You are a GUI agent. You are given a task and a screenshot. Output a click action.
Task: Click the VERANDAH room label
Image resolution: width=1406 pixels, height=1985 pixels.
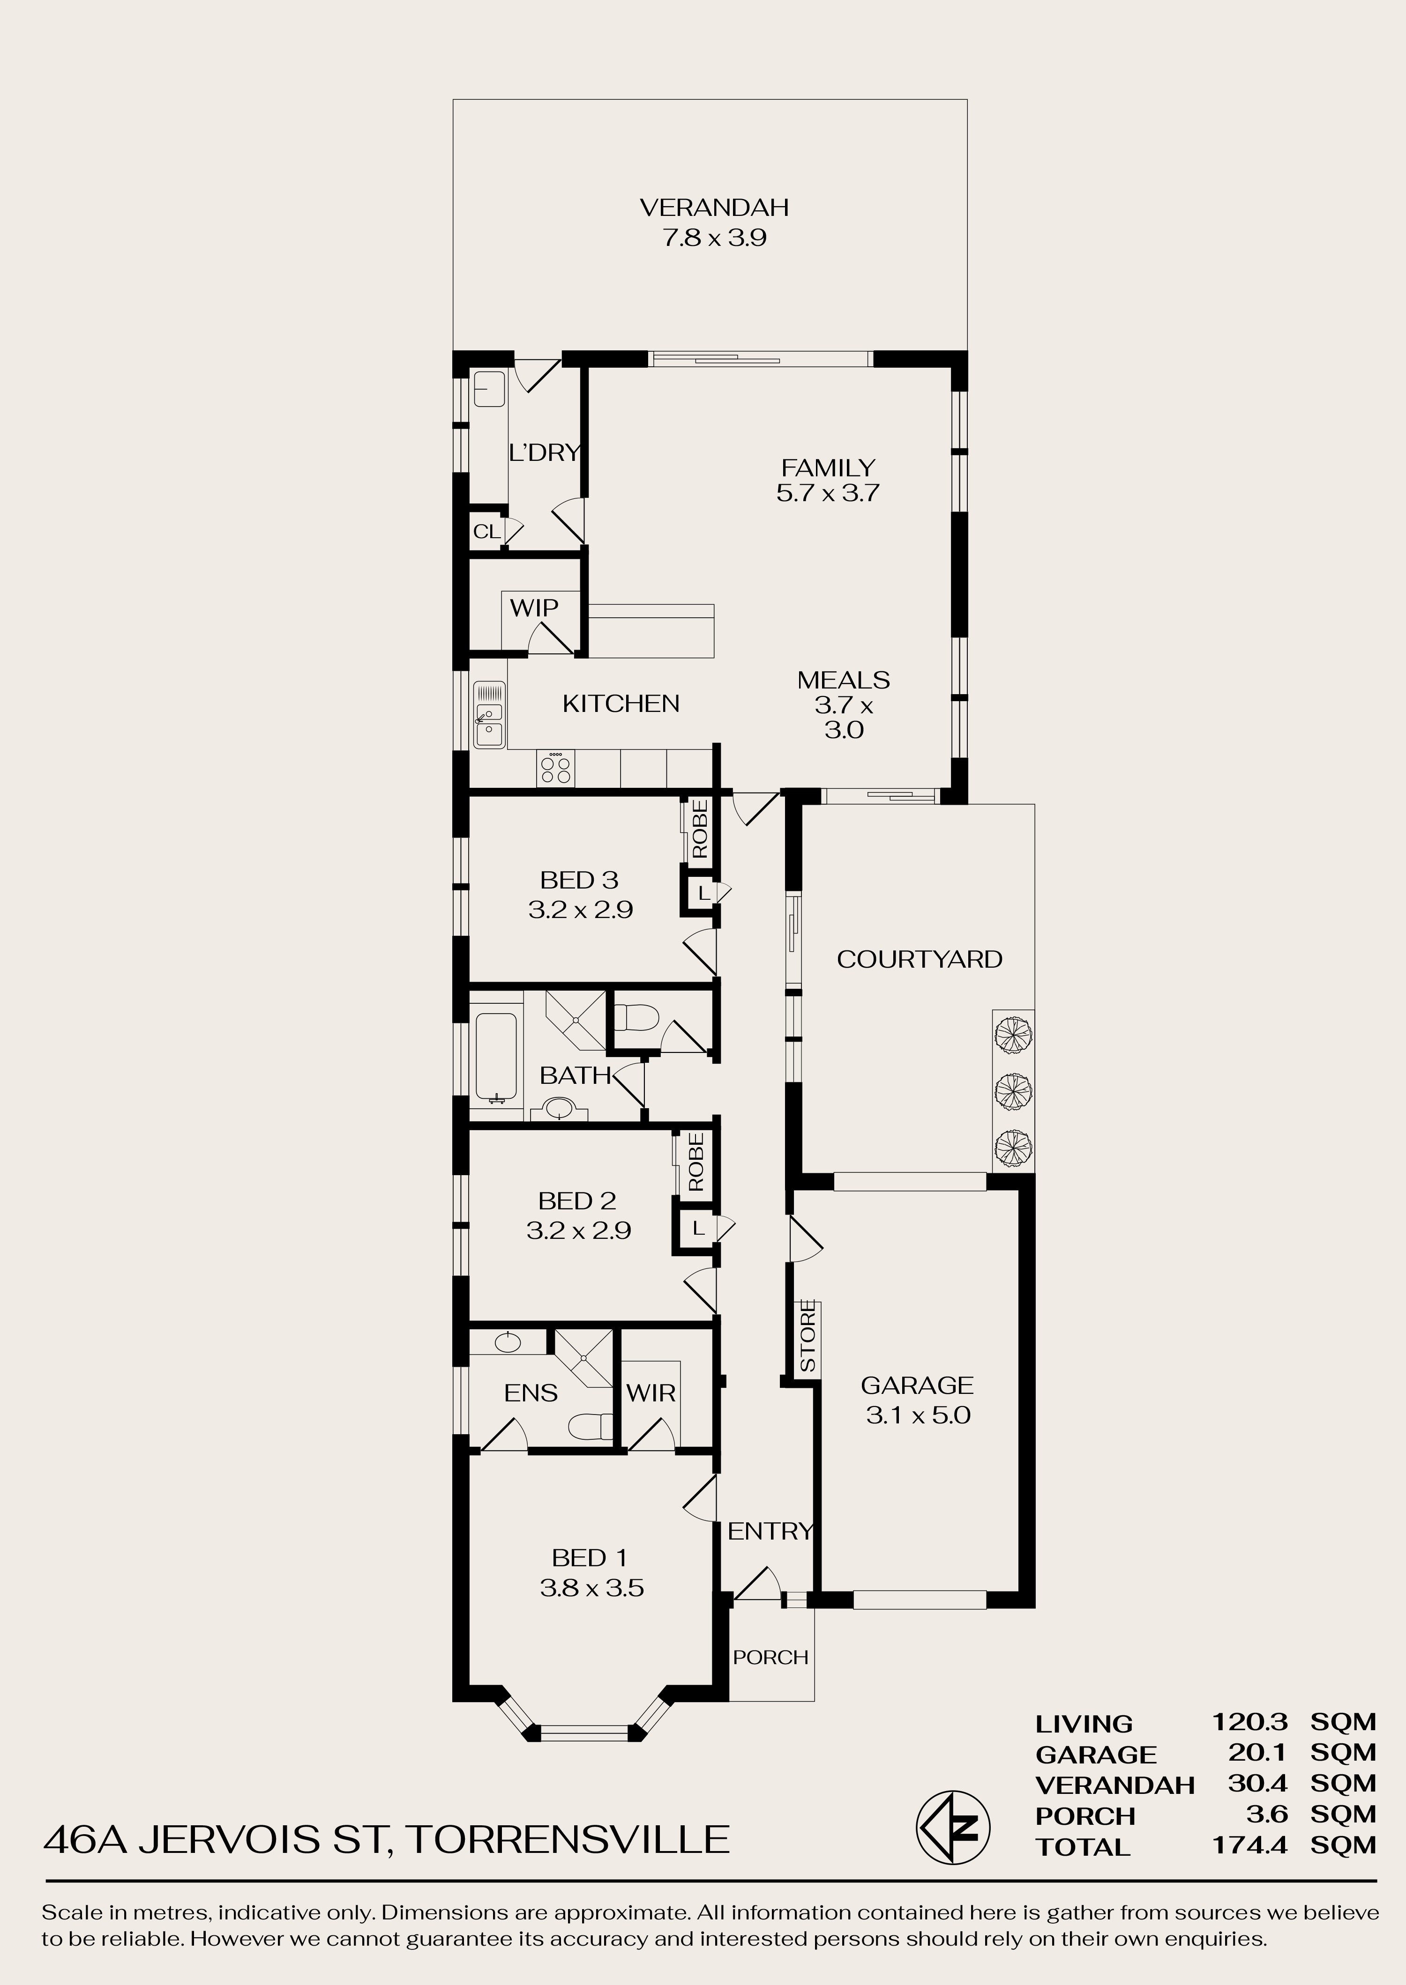pyautogui.click(x=714, y=207)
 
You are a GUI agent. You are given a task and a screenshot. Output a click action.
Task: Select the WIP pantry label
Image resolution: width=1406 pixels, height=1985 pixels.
pyautogui.click(x=534, y=607)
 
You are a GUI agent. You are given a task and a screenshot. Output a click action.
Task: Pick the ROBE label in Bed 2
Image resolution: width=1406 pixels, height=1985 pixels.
pyautogui.click(x=696, y=1162)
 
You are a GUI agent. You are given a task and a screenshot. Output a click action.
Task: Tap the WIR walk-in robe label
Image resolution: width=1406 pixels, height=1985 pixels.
pyautogui.click(x=651, y=1393)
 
